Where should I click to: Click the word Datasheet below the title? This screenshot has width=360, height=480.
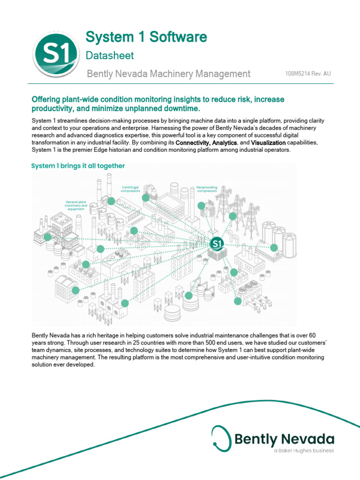point(110,55)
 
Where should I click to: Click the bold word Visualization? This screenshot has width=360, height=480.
point(268,142)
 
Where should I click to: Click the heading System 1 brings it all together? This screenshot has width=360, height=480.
point(78,165)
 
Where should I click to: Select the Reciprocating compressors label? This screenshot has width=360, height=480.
point(207,189)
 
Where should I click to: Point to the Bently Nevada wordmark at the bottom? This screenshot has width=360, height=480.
point(285,439)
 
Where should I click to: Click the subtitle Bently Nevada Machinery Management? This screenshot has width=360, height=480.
point(169,74)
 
